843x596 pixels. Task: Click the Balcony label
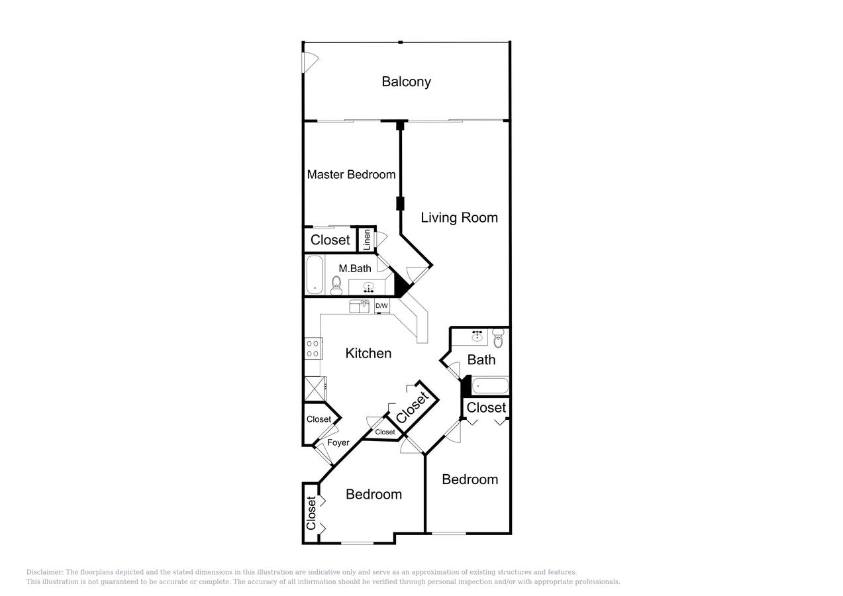(x=406, y=81)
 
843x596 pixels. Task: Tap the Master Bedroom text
(x=351, y=175)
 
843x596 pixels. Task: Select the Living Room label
(x=459, y=217)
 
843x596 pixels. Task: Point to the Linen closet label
(x=366, y=239)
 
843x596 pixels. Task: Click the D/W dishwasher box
(x=381, y=305)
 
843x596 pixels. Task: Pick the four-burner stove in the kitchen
(x=313, y=348)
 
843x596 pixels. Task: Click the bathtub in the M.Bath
(x=315, y=274)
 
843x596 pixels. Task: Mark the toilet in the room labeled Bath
(x=498, y=339)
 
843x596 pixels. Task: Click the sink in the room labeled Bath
(x=477, y=336)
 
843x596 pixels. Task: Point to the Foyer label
(x=338, y=442)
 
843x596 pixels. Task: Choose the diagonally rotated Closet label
(x=413, y=407)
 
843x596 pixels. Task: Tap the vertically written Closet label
(x=311, y=513)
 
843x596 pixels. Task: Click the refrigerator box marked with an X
(x=315, y=388)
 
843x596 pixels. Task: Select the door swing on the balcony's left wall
(x=310, y=61)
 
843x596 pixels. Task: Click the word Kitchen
(x=368, y=353)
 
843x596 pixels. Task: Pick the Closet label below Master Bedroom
(x=330, y=240)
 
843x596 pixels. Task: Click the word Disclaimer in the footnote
(x=44, y=572)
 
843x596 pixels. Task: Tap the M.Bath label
(x=355, y=268)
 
